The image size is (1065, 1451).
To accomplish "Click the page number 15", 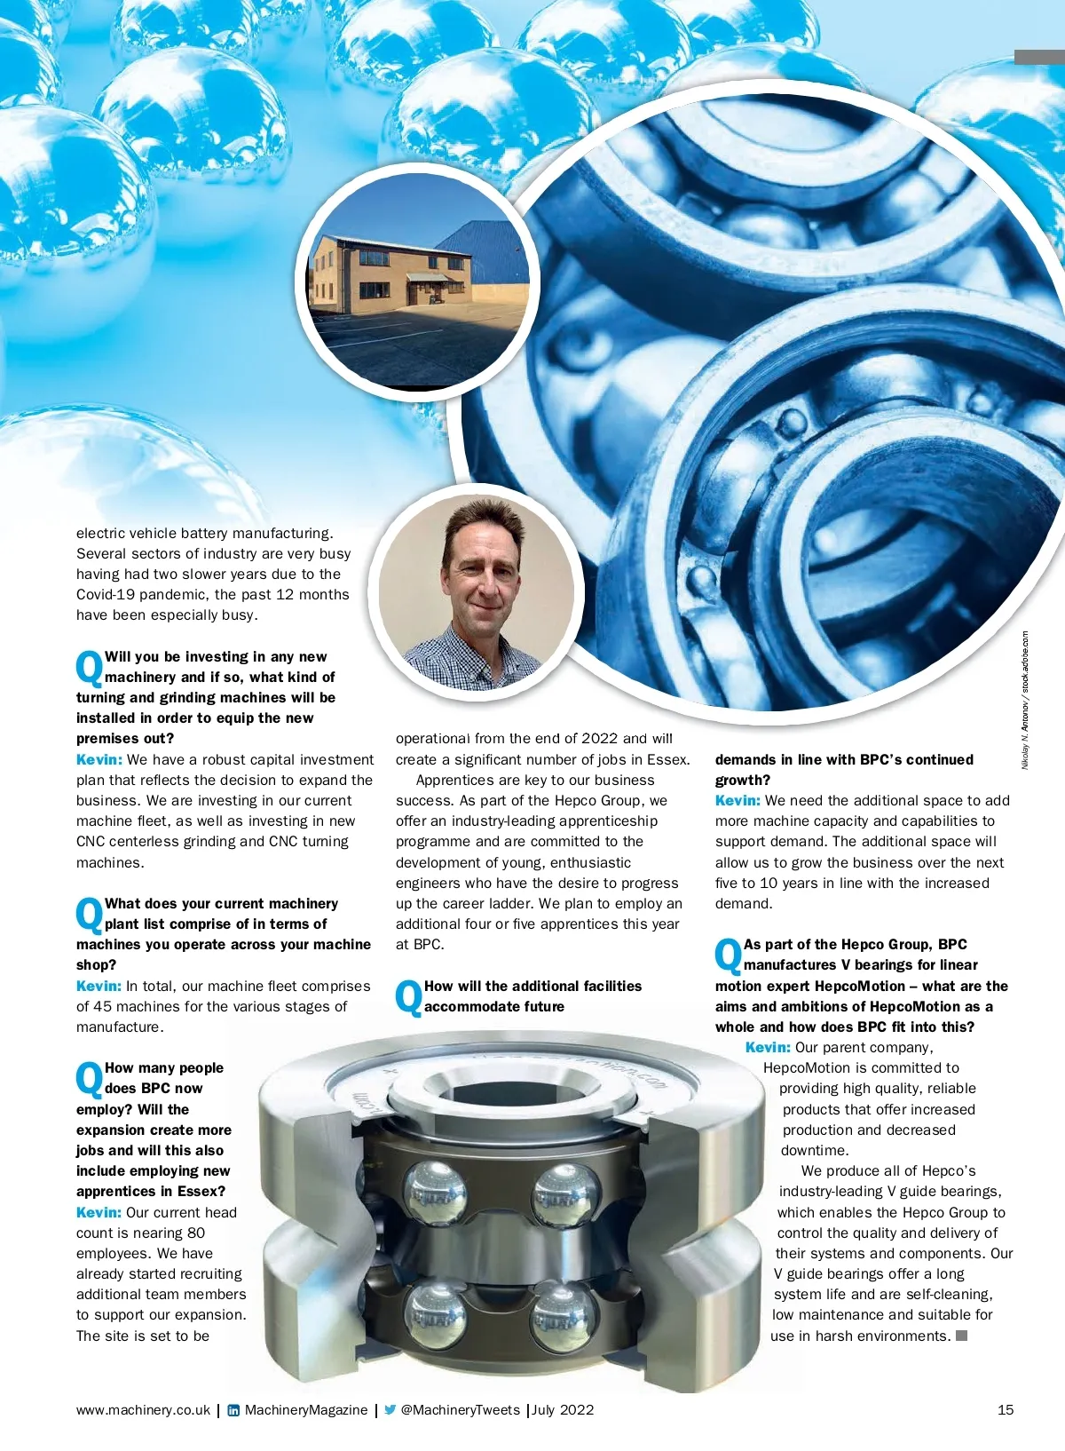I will [1006, 1409].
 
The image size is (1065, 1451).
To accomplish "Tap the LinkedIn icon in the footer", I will [233, 1410].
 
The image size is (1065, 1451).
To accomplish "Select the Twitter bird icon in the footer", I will [390, 1409].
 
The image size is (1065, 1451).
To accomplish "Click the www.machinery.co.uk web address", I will [143, 1410].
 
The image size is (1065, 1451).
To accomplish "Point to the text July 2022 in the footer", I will [564, 1409].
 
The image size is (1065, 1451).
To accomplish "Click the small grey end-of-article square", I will [961, 1336].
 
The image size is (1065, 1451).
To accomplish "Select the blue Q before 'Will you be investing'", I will [89, 668].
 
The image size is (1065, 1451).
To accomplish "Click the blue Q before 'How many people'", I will [89, 1079].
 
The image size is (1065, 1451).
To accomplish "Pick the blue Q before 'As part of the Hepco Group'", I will [728, 955].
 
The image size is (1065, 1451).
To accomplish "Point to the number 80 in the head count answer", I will [196, 1233].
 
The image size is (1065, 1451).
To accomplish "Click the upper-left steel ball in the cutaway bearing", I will [434, 1190].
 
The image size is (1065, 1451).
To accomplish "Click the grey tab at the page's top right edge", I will [1039, 57].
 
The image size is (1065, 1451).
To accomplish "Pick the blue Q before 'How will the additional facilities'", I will [408, 997].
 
